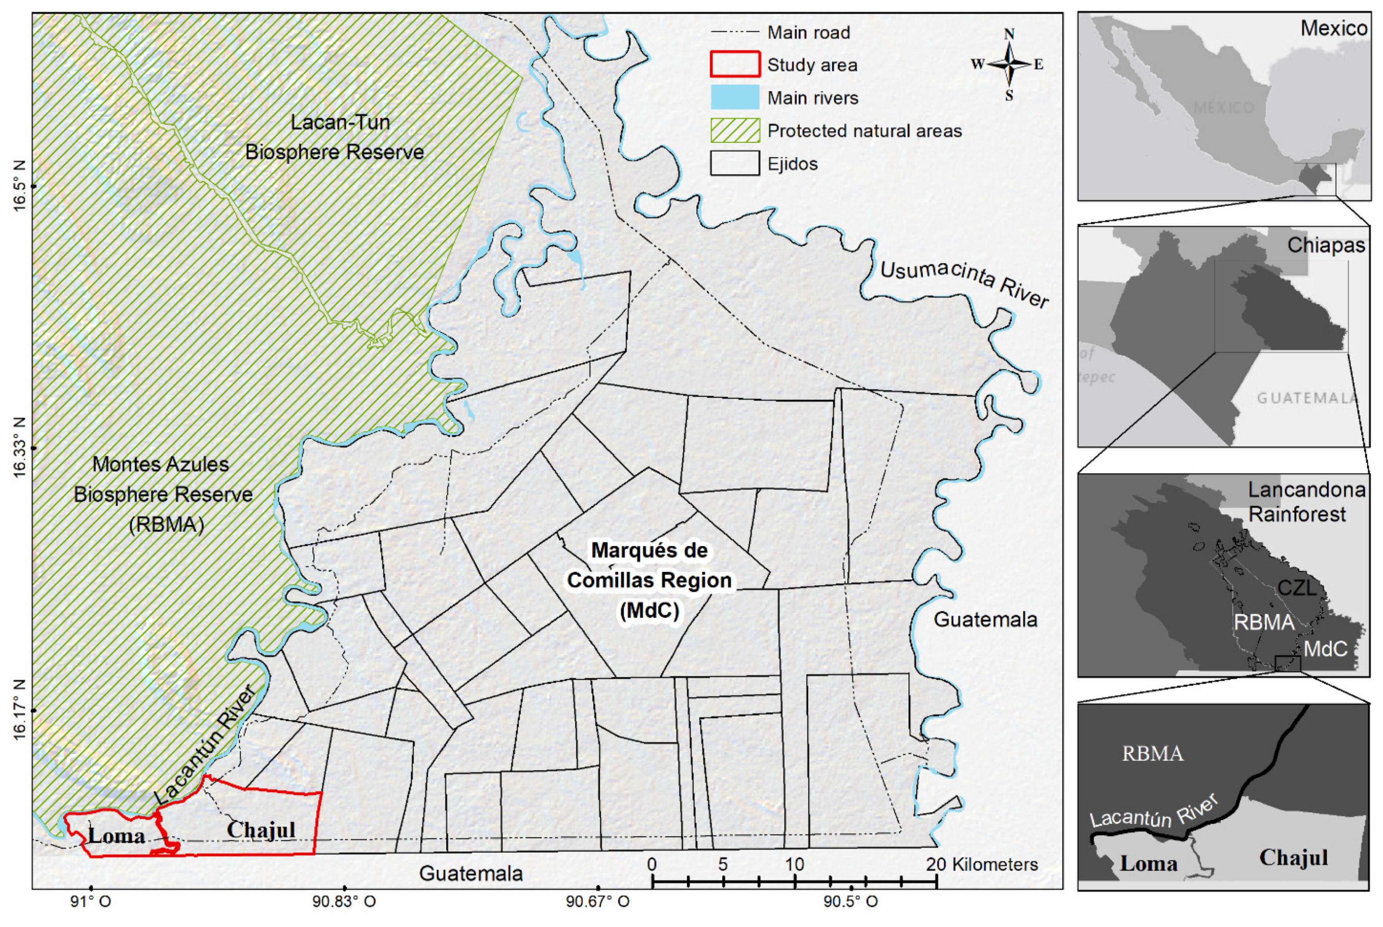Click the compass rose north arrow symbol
pyautogui.click(x=1009, y=64)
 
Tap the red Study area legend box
pyautogui.click(x=734, y=64)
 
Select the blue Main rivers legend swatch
pyautogui.click(x=734, y=98)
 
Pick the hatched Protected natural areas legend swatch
pyautogui.click(x=734, y=131)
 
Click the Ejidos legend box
pyautogui.click(x=734, y=163)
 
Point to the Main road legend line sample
pyautogui.click(x=734, y=32)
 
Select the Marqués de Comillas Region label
pyautogui.click(x=649, y=580)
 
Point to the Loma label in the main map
pyautogui.click(x=116, y=836)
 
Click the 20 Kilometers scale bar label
pyautogui.click(x=981, y=864)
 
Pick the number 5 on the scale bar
pyautogui.click(x=723, y=864)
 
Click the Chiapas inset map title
pyautogui.click(x=1326, y=245)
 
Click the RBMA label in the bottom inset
pyautogui.click(x=1152, y=754)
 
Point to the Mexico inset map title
pyautogui.click(x=1334, y=28)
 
